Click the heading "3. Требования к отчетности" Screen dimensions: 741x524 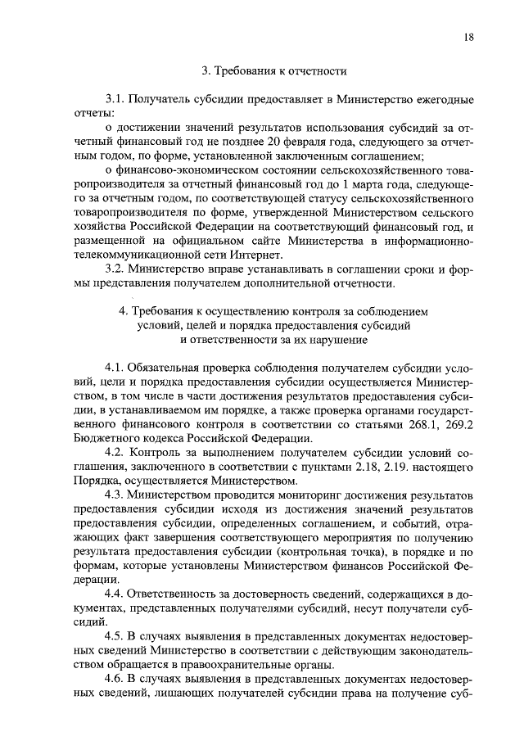point(273,70)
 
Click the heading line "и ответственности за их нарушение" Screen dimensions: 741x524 point(273,340)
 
